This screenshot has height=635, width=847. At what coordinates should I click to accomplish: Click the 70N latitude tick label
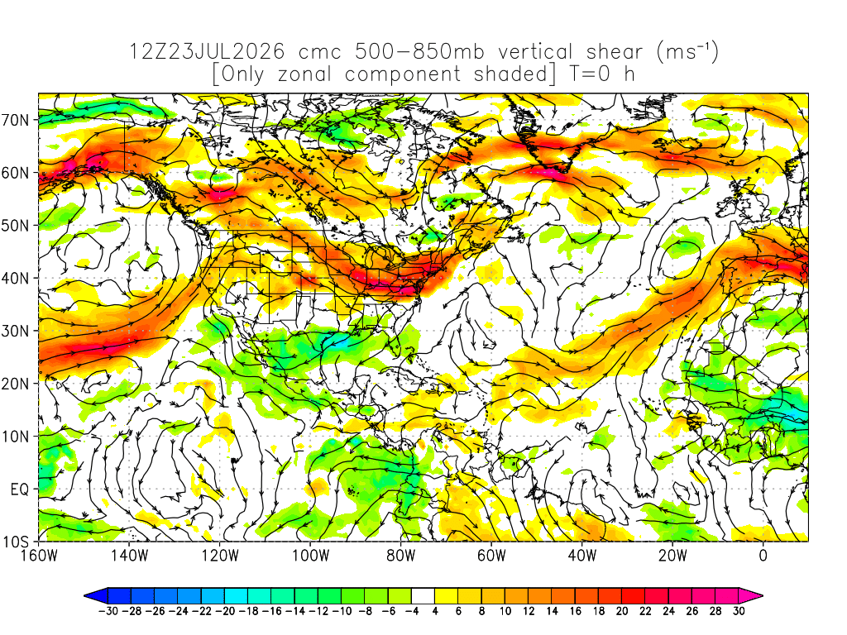coord(15,120)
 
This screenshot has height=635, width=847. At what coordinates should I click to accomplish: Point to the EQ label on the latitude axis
coord(20,489)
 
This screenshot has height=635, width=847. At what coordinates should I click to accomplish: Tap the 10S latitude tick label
coord(15,542)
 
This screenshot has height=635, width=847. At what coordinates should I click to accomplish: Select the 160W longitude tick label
coord(39,555)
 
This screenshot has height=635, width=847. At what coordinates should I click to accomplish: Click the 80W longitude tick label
coord(401,555)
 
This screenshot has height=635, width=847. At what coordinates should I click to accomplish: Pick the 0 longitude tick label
coord(763,555)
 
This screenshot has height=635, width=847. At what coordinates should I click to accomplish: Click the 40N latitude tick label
coord(15,279)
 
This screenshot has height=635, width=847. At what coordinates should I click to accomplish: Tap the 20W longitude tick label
coord(672,555)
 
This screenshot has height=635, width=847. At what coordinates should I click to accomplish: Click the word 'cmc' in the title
coord(320,52)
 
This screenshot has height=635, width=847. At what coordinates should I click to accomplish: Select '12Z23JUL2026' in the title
coord(207,51)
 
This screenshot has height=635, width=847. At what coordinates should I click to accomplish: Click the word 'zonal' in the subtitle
coord(304,74)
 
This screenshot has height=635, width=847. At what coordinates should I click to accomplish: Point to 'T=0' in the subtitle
coord(589,74)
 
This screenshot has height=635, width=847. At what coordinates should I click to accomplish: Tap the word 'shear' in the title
coord(615,51)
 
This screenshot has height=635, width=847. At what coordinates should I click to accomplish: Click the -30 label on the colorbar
coord(108,611)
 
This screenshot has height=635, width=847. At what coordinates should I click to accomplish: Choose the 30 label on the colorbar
coord(739,611)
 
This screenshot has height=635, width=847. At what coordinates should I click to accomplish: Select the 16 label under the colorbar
coord(576,611)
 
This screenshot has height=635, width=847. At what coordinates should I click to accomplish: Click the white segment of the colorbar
coord(423,596)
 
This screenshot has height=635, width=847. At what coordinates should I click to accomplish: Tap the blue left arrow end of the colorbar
coord(96,596)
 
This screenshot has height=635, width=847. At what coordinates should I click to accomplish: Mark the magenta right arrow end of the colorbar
coord(751,596)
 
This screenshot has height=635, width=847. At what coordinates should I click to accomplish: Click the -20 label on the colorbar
coord(225,611)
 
